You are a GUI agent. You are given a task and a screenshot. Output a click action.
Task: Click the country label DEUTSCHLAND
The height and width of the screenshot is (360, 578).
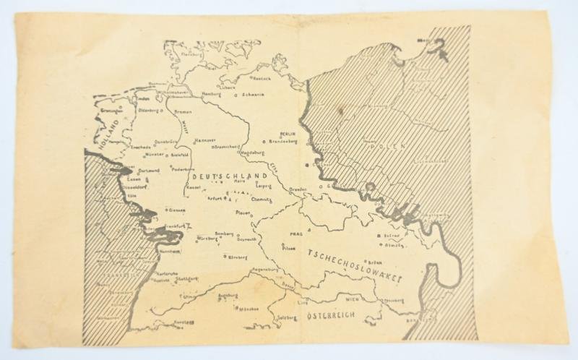coord(225,176)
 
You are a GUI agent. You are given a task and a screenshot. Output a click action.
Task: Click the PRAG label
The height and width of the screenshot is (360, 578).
coord(293,233)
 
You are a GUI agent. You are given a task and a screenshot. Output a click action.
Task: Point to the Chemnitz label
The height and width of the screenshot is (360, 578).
coord(260,198)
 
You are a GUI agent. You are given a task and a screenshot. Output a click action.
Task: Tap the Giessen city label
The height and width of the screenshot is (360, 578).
coord(177,210)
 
